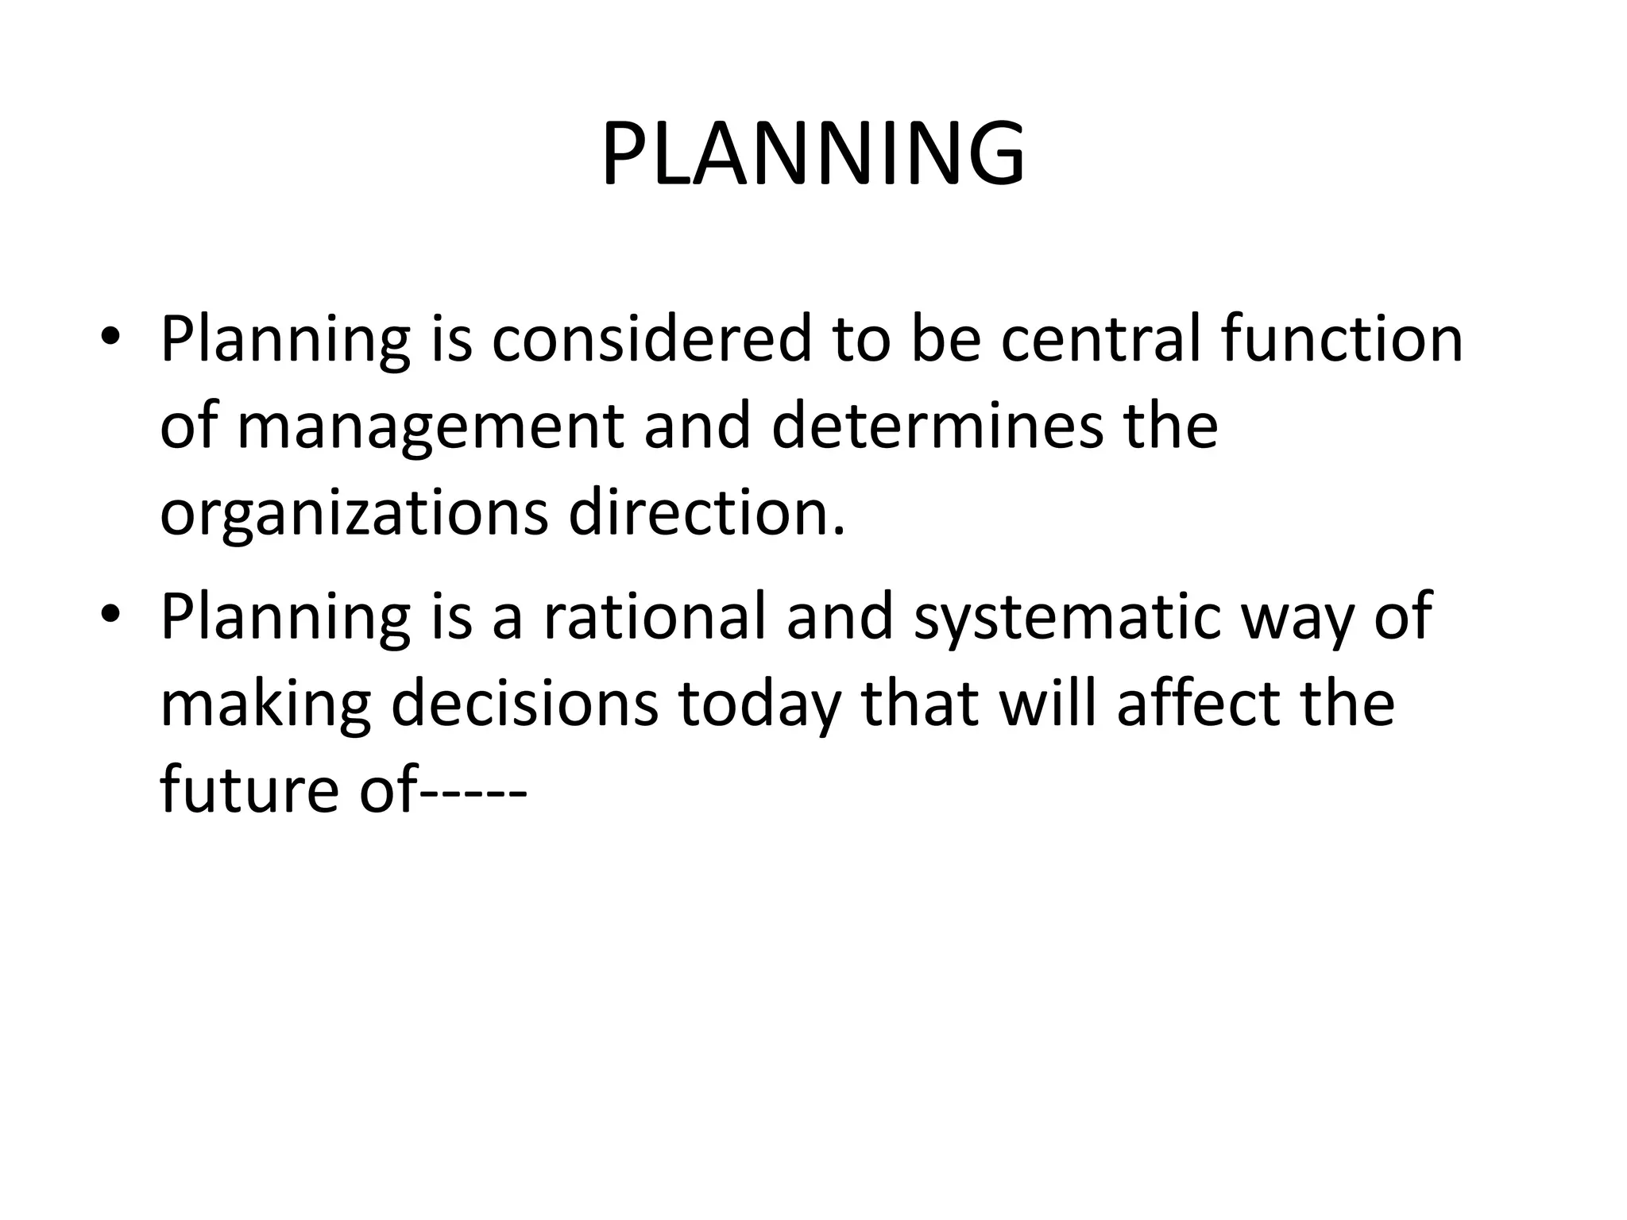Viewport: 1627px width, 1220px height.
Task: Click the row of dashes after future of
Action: coord(473,793)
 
